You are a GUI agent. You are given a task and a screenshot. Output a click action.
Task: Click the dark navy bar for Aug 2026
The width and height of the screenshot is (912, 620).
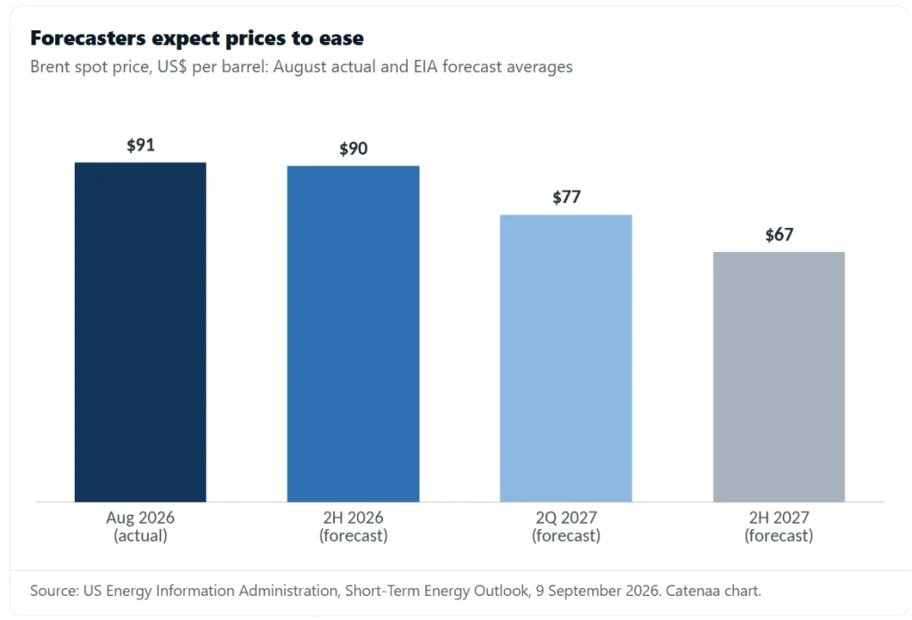tap(140, 332)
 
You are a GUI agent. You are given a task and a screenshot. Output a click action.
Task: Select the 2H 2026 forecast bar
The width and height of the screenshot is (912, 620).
tap(353, 334)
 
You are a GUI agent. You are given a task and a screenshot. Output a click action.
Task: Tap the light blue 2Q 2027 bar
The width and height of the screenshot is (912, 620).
tap(566, 358)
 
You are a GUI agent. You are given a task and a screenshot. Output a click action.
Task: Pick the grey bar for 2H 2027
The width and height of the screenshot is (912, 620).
tap(778, 377)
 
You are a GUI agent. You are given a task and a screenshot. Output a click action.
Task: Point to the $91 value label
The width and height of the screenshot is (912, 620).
tap(141, 145)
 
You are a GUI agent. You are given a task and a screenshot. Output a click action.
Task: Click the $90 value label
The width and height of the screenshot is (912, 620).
tap(354, 148)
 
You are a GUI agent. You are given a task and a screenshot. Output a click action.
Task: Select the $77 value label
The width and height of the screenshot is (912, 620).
tap(566, 197)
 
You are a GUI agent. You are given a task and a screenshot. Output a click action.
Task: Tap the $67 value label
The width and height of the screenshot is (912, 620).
tap(779, 234)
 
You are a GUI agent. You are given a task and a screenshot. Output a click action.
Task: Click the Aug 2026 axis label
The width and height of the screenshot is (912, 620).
tap(140, 517)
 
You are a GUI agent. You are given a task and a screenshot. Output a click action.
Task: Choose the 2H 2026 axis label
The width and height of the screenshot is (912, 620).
tap(353, 517)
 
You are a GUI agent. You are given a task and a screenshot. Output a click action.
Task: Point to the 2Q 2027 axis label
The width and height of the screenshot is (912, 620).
tap(566, 517)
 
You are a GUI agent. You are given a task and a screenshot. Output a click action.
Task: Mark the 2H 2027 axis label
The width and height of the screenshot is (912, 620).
tap(778, 517)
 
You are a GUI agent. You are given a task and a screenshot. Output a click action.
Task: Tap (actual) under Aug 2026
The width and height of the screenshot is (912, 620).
tap(140, 535)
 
